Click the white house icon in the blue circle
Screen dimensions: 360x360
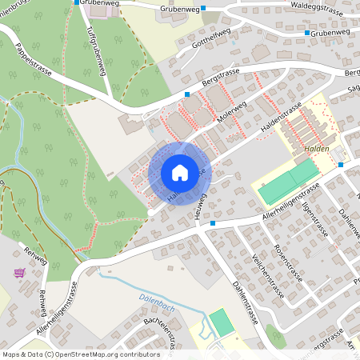click(x=179, y=173)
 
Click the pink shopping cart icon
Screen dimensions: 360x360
click(x=19, y=273)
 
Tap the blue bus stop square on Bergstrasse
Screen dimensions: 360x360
click(x=187, y=94)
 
